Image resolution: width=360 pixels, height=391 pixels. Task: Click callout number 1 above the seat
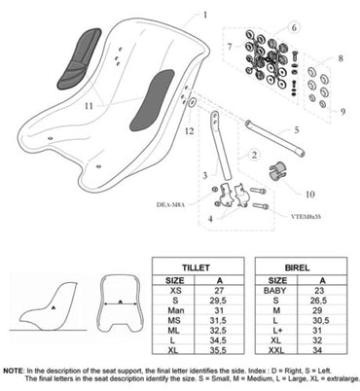pos(205,15)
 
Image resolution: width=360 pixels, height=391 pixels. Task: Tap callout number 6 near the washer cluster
pos(293,27)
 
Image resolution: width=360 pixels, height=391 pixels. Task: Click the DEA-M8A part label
pos(171,205)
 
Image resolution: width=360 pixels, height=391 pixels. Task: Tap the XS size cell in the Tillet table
pos(175,289)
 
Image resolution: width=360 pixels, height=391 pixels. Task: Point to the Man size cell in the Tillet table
pos(175,306)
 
